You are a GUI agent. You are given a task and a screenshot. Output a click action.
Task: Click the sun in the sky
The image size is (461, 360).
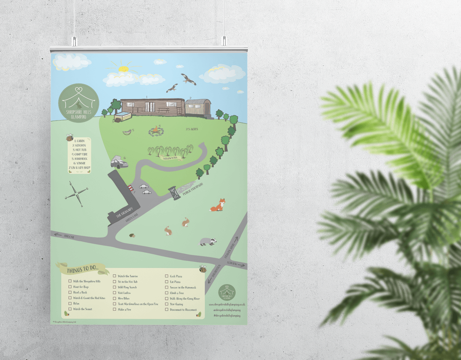pos(123,69)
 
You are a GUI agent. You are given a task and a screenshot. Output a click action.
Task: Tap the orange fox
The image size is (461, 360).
pos(218,205)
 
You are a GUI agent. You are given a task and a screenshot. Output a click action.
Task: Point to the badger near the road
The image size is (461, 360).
pos(208,242)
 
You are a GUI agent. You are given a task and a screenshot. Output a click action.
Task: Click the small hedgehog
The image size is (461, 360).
pos(132,235)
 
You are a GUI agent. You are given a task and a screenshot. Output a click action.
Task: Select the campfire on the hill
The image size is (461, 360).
pos(156,130)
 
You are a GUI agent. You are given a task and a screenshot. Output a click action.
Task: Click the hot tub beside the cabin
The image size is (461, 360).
pos(123,116)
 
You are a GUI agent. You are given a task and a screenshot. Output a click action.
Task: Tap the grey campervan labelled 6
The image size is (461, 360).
pos(119,162)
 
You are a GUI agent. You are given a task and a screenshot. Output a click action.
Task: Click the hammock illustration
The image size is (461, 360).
pos(127,132)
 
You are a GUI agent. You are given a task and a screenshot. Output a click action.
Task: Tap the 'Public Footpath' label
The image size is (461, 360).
pos(193,189)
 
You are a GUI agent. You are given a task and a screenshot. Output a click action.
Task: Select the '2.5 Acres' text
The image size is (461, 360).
pos(192,129)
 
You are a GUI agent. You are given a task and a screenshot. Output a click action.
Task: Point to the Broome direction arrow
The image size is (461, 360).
pos(58,235)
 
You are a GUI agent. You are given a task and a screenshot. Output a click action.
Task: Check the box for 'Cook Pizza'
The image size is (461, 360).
pos(167,276)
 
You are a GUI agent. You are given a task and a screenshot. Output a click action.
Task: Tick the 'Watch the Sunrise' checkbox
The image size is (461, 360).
pos(115,276)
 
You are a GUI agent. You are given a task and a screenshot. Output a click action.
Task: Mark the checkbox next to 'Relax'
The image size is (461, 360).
pos(70,304)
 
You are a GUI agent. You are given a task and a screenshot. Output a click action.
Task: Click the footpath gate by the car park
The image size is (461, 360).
pos(174,193)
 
